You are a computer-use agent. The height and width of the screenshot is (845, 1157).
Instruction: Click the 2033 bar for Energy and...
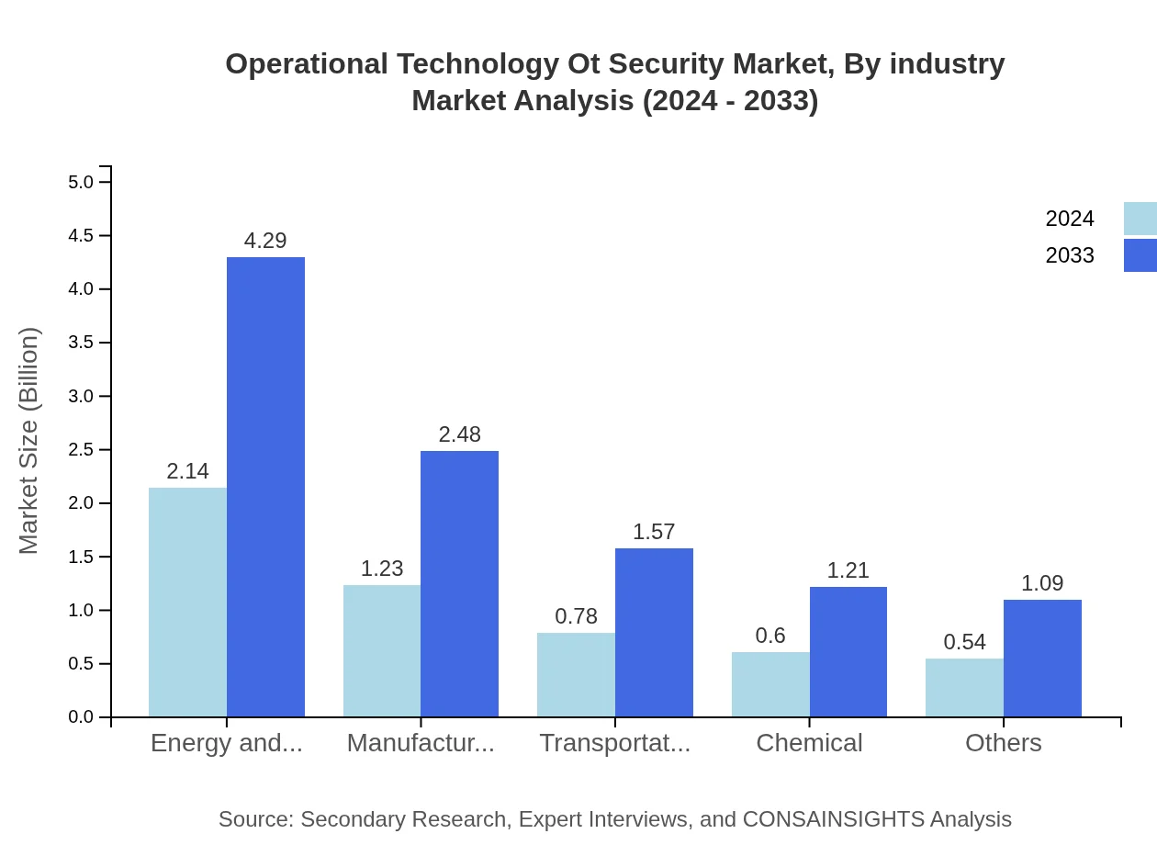[x=265, y=487]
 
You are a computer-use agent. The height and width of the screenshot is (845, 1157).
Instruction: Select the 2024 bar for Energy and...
[x=187, y=602]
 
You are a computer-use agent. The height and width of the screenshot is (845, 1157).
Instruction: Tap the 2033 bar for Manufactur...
[x=459, y=583]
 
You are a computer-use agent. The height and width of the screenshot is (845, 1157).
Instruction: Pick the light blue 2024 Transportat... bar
[x=576, y=674]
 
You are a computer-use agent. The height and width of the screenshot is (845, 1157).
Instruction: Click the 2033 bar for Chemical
[x=848, y=651]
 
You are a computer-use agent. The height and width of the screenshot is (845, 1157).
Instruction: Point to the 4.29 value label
[x=265, y=241]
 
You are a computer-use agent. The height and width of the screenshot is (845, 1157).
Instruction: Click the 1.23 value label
[x=382, y=569]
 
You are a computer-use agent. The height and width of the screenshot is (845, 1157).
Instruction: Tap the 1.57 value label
[x=654, y=532]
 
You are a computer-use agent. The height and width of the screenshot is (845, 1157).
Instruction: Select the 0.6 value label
[x=770, y=636]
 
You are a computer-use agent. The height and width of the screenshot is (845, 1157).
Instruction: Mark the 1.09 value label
[x=1042, y=583]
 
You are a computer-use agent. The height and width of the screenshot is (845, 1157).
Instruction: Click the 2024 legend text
[x=1070, y=219]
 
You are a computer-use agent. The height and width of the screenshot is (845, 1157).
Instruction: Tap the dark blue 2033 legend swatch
[x=1140, y=255]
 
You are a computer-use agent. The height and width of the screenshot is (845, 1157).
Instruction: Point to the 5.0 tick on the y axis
[x=81, y=182]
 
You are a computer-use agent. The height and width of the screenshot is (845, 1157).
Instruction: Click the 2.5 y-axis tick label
[x=81, y=450]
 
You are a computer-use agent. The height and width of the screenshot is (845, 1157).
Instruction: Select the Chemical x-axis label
[x=809, y=743]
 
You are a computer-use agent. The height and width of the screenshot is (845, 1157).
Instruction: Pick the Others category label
[x=1003, y=743]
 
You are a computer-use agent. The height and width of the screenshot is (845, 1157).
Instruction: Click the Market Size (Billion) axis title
[x=29, y=441]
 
